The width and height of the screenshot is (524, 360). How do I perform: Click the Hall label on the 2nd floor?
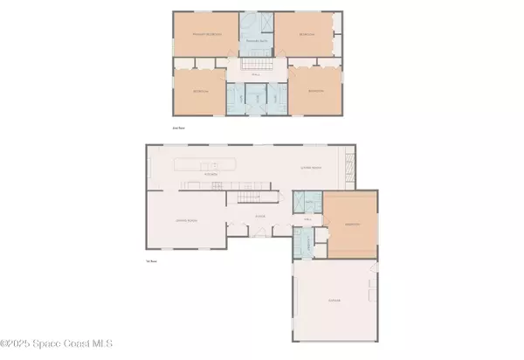tap(256, 74)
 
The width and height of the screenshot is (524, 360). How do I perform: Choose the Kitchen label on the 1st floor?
tap(210, 174)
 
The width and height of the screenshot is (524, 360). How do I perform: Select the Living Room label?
tap(312, 168)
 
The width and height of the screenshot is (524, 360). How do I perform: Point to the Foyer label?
tap(259, 215)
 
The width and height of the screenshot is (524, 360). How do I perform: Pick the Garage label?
tap(334, 301)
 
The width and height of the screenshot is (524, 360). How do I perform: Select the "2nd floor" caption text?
tap(179, 128)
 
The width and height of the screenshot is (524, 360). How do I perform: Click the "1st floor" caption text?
tap(152, 261)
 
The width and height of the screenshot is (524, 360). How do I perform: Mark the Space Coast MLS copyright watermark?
tap(57, 344)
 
